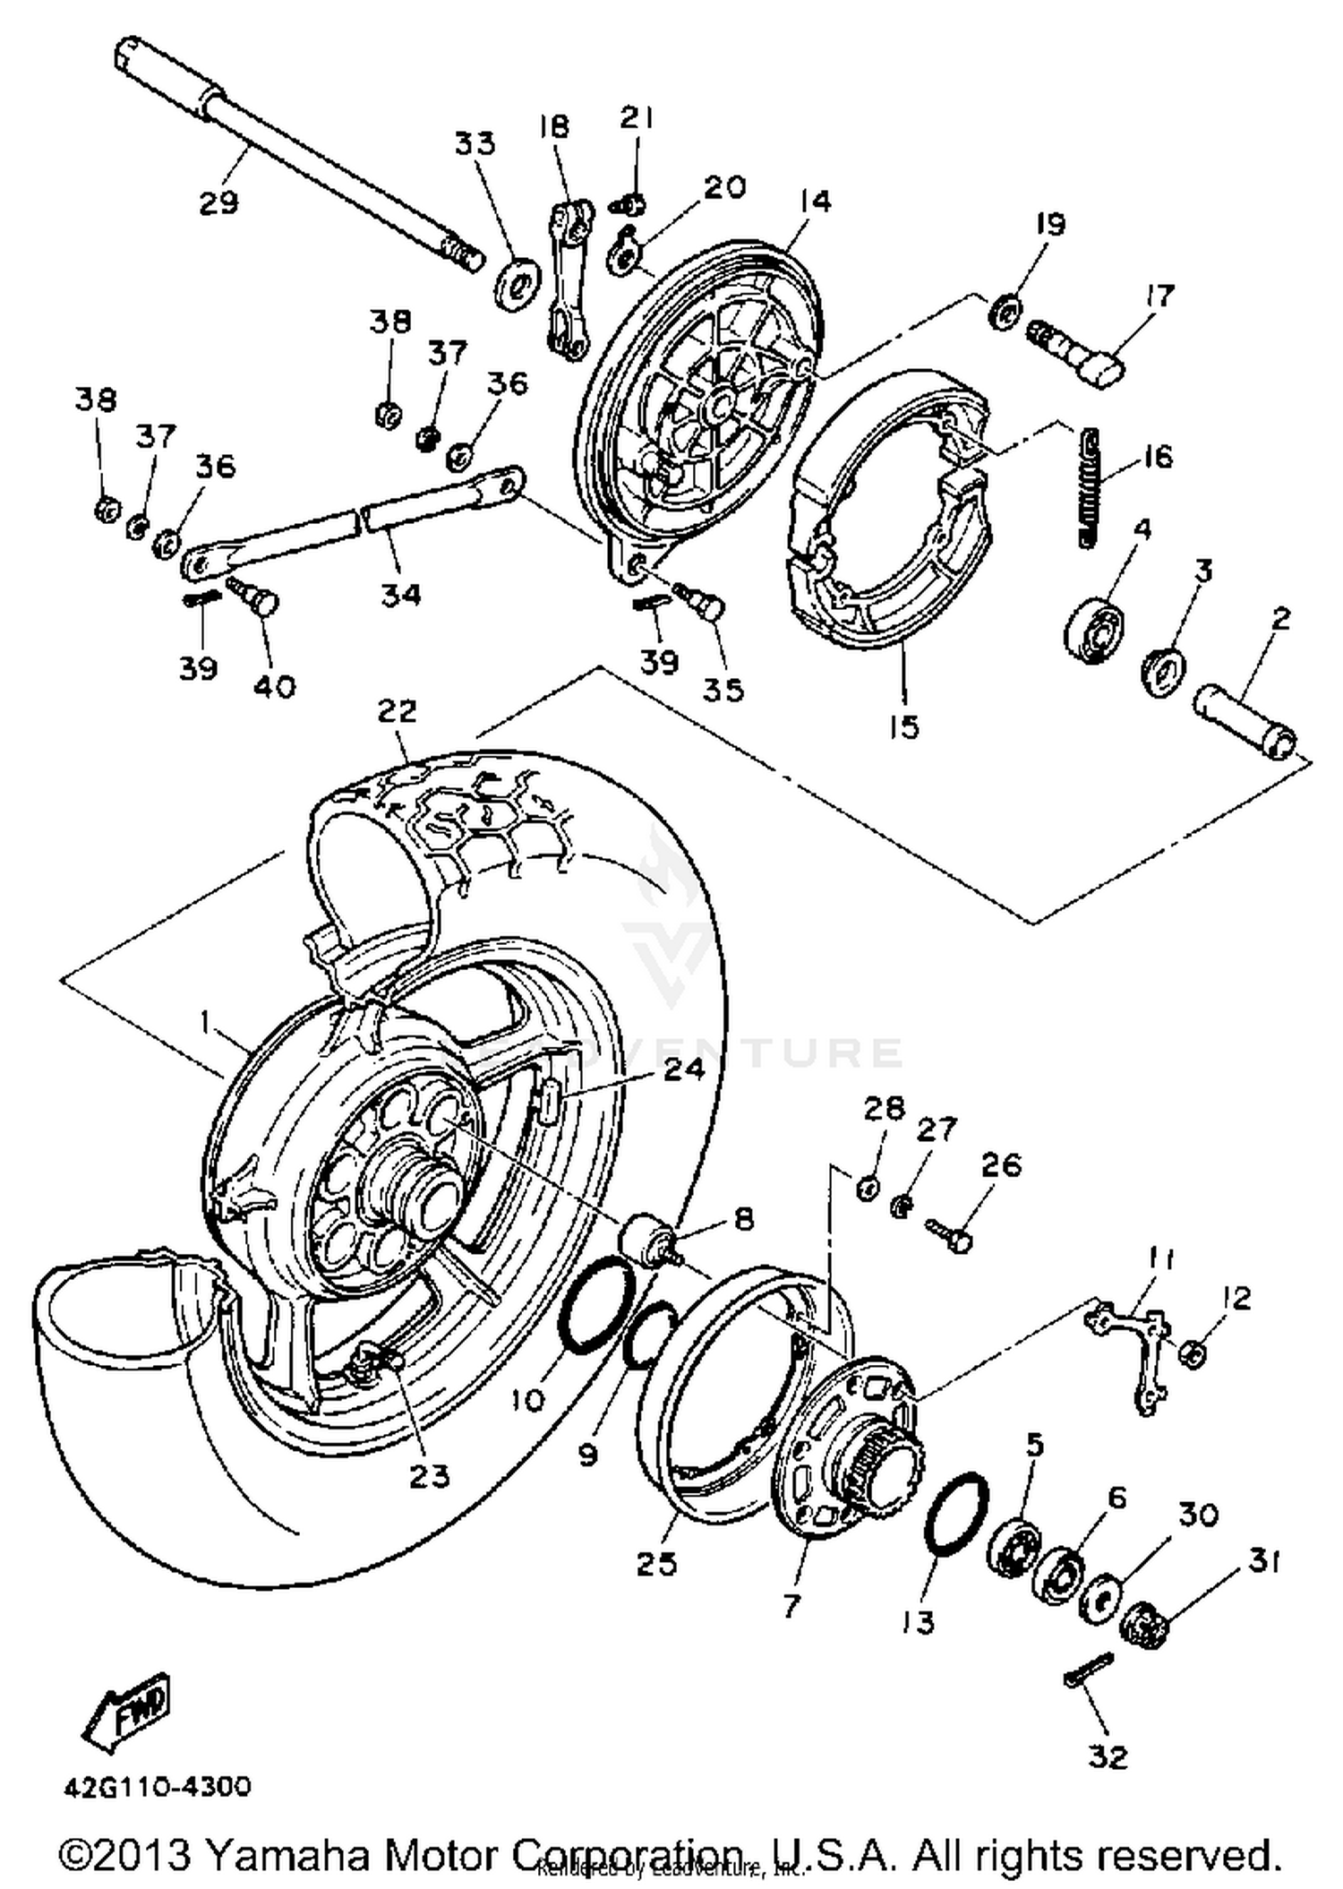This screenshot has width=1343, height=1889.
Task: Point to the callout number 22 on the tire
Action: click(x=397, y=711)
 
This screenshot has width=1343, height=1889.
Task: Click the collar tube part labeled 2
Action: click(x=1245, y=724)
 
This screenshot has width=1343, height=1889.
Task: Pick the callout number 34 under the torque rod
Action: click(x=400, y=594)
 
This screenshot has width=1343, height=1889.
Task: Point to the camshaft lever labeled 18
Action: click(x=570, y=279)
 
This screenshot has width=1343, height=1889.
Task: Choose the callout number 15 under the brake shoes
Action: click(x=904, y=726)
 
